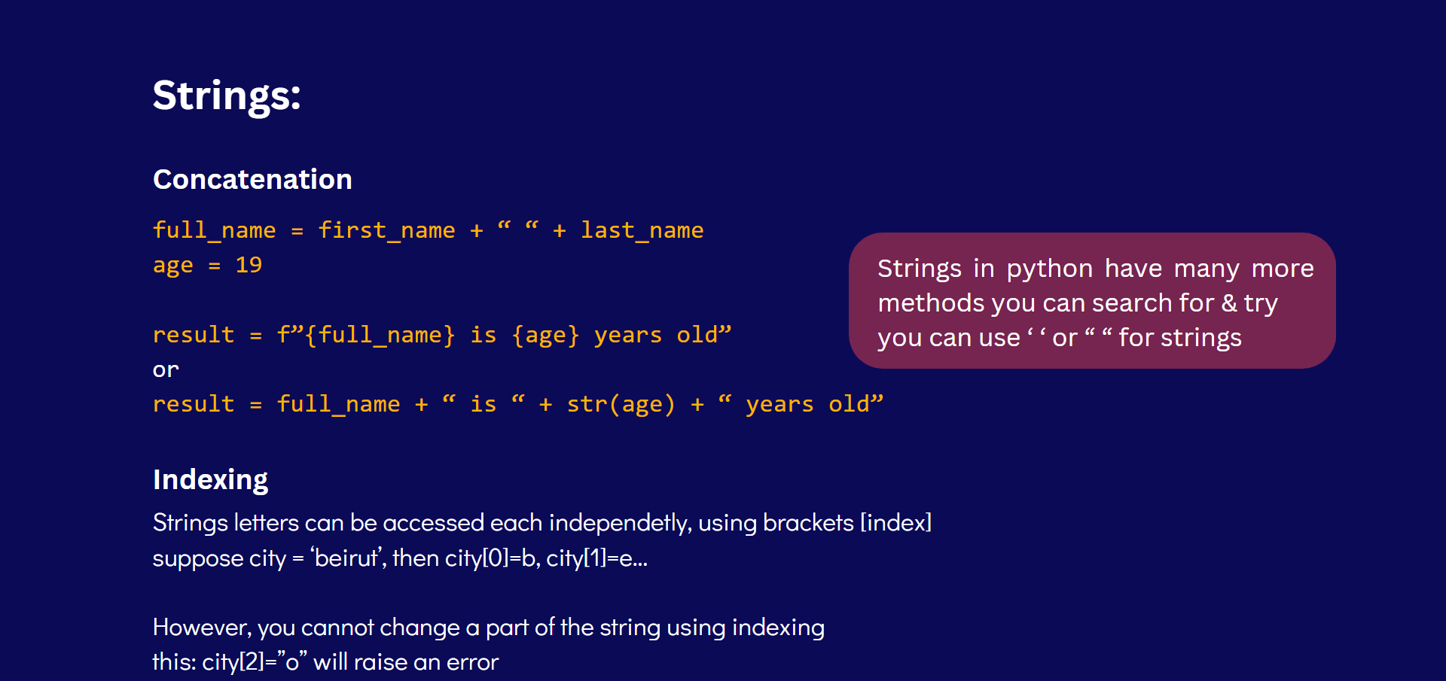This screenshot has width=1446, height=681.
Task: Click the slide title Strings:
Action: point(227,96)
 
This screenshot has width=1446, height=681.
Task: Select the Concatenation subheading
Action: point(252,180)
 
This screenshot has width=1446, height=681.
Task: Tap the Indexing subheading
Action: point(210,480)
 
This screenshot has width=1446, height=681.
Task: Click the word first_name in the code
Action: point(386,230)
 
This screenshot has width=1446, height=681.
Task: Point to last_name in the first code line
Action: point(642,230)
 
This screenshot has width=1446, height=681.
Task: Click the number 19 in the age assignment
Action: point(249,265)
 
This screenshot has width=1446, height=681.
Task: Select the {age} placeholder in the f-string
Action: point(545,335)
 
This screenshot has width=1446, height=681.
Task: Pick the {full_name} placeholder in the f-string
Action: point(380,335)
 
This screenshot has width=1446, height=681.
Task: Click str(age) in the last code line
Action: point(621,404)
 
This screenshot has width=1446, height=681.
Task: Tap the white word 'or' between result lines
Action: point(166,370)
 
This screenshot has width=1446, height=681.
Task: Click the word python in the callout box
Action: point(1050,269)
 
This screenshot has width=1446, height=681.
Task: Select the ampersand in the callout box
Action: point(1229,303)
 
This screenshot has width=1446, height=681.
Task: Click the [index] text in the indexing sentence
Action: point(896,523)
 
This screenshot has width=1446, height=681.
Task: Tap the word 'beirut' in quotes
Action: point(347,558)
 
